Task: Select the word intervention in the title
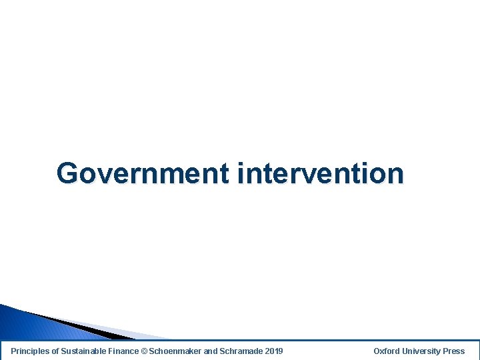[x=320, y=173]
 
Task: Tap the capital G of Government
[x=67, y=173]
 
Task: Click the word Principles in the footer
[x=30, y=351]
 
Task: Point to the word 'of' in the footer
[x=56, y=351]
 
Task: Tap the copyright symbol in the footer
[x=145, y=351]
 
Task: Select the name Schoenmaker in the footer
[x=175, y=351]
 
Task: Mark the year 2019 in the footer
[x=273, y=351]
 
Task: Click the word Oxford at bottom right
[x=387, y=351]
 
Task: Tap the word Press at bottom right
[x=454, y=351]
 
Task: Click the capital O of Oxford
[x=377, y=351]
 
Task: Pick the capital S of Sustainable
[x=64, y=351]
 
